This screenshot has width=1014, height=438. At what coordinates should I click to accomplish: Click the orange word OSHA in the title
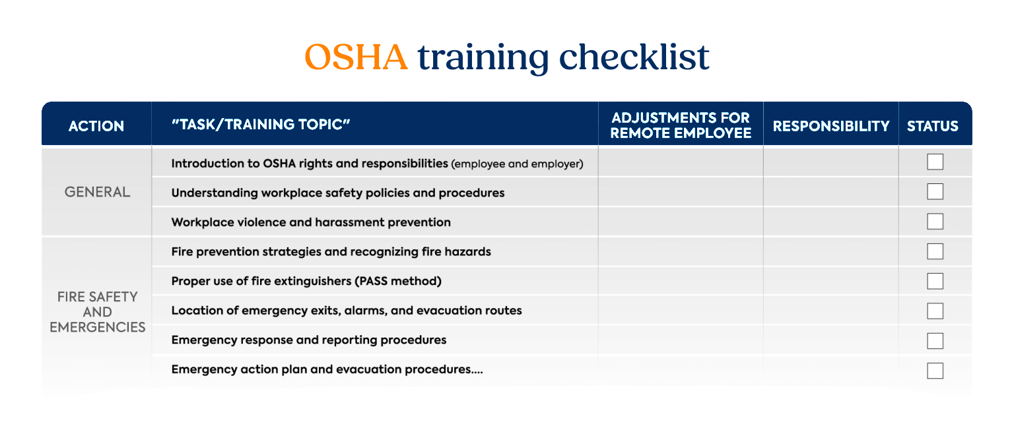click(x=356, y=57)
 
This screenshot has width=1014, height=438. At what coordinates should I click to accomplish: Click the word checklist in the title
click(x=634, y=57)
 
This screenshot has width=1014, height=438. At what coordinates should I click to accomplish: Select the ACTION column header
click(x=96, y=126)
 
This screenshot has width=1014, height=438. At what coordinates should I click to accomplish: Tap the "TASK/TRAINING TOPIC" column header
click(x=261, y=125)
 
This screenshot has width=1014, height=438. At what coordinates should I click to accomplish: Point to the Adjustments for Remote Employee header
click(x=681, y=125)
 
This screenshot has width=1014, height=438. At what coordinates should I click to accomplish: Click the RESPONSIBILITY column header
click(x=831, y=126)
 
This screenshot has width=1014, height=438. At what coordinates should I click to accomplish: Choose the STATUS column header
click(x=933, y=126)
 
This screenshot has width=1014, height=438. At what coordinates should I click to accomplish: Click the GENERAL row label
click(x=97, y=192)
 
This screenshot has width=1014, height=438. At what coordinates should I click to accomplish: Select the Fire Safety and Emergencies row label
click(x=97, y=312)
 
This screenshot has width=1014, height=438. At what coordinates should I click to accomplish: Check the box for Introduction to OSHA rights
click(x=935, y=162)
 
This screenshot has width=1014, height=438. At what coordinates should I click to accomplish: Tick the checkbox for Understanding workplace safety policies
click(x=935, y=192)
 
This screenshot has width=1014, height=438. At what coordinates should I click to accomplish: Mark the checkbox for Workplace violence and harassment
click(x=935, y=222)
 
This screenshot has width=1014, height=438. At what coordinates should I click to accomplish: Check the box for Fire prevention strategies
click(x=935, y=251)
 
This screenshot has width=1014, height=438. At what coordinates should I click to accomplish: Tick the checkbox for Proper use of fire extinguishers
click(x=935, y=282)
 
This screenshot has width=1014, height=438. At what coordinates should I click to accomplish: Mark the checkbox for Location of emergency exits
click(x=935, y=311)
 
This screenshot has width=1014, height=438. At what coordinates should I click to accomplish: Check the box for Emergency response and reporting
click(x=935, y=341)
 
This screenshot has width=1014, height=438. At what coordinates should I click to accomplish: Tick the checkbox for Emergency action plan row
click(x=935, y=371)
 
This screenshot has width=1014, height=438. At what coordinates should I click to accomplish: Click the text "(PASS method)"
click(x=398, y=282)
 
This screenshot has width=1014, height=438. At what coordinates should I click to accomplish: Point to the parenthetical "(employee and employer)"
click(x=517, y=164)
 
